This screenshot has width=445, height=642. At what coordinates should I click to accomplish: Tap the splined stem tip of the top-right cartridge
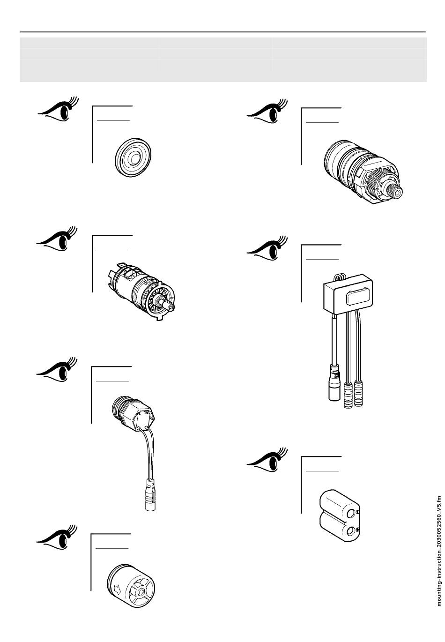tap(397, 191)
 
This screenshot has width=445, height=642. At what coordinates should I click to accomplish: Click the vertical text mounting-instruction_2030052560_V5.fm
tap(439, 551)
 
